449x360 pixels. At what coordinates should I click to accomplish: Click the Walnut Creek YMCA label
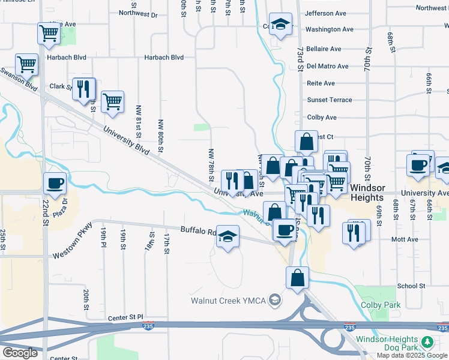pyautogui.click(x=229, y=300)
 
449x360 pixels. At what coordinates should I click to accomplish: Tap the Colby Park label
pyautogui.click(x=381, y=305)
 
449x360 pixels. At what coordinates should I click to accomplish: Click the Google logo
pyautogui.click(x=20, y=353)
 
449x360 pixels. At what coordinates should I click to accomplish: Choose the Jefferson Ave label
pyautogui.click(x=326, y=13)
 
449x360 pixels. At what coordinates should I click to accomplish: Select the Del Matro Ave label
pyautogui.click(x=327, y=66)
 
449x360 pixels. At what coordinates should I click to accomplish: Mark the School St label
pyautogui.click(x=411, y=286)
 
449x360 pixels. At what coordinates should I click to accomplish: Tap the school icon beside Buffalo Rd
pyautogui.click(x=228, y=237)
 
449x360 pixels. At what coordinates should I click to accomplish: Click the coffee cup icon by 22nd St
pyautogui.click(x=55, y=184)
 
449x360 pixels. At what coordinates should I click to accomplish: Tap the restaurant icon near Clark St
pyautogui.click(x=84, y=90)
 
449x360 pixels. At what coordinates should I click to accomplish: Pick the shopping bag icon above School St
pyautogui.click(x=298, y=278)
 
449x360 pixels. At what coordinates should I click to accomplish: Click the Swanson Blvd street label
pyautogui.click(x=19, y=79)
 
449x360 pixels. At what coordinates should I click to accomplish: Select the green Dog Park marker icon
pyautogui.click(x=427, y=343)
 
